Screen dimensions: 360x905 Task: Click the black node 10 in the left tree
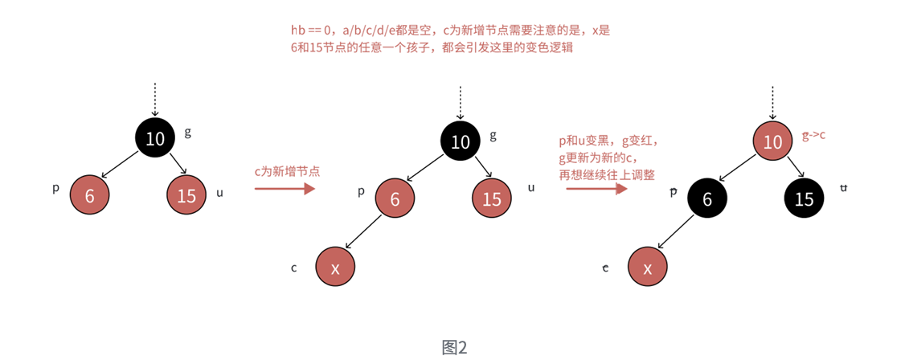(x=155, y=138)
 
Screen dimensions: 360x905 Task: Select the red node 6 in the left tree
(x=89, y=195)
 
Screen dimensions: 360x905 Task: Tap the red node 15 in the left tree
(x=186, y=195)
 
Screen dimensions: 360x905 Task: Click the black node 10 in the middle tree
(x=460, y=142)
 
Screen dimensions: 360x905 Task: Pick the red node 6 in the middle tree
(x=395, y=198)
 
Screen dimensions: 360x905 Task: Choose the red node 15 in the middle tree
(x=492, y=198)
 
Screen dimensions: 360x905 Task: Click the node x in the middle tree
(x=335, y=268)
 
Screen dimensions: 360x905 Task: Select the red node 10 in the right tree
(x=772, y=142)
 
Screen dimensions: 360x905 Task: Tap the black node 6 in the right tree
(x=707, y=198)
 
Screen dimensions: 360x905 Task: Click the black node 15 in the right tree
(x=804, y=198)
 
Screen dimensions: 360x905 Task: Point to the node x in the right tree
(x=648, y=268)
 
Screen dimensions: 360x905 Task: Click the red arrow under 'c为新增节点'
(x=284, y=189)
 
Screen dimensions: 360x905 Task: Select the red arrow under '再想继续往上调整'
(x=596, y=189)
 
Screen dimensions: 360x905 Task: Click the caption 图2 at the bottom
(x=454, y=347)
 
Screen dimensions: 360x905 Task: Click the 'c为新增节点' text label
(x=287, y=170)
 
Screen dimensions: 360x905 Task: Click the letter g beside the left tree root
(x=188, y=131)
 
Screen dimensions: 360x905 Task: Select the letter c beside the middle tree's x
(x=294, y=267)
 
